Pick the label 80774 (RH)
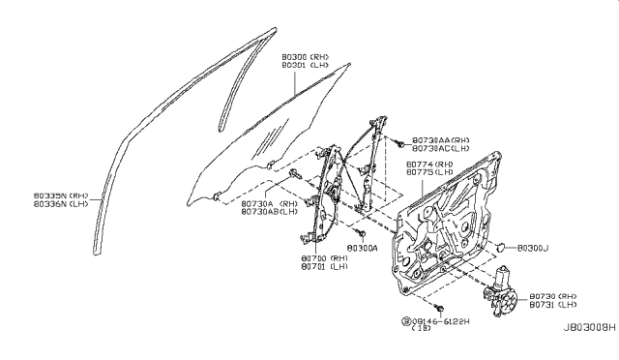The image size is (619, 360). click(429, 165)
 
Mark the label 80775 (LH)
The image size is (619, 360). click(429, 173)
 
